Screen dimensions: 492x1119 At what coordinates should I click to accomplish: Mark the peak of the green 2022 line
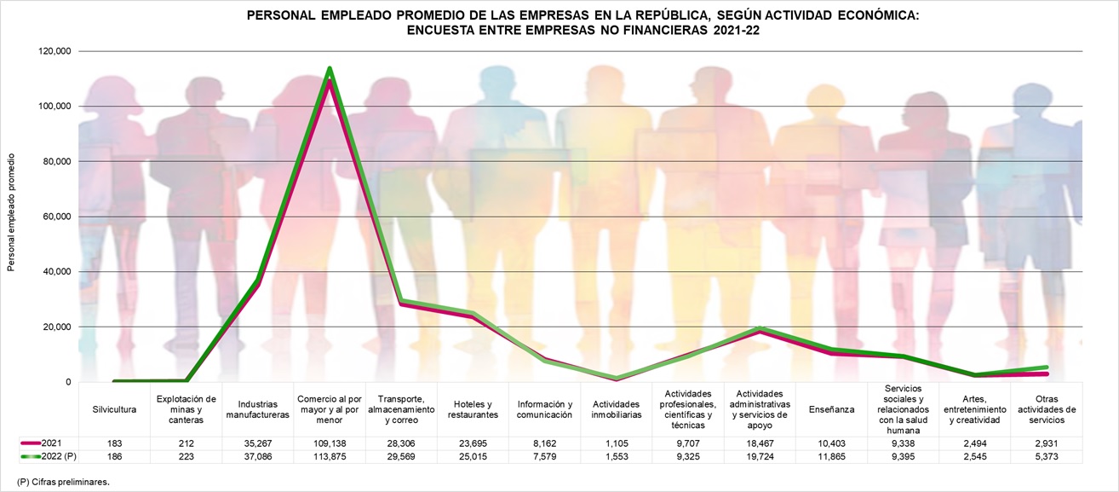pos(329,69)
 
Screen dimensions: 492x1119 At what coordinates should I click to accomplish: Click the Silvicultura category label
pos(114,409)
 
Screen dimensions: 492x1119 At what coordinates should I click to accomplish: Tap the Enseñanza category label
pos(831,409)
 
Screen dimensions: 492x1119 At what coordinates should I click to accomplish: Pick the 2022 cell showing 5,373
pos(1046,456)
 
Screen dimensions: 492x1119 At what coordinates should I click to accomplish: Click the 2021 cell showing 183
pos(114,444)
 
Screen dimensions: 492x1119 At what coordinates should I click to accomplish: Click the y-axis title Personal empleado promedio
pos(11,213)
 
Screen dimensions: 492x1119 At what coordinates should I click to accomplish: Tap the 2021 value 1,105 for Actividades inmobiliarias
pos(617,444)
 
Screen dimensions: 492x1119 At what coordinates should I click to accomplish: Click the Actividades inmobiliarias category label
pos(617,409)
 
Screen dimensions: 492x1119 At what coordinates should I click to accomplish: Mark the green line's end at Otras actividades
pos(1046,368)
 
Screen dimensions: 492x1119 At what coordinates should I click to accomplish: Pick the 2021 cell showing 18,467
pos(760,444)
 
